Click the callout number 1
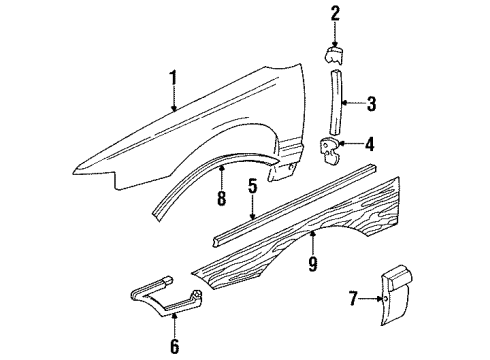173,79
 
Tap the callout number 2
335,13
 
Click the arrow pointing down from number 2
335,32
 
